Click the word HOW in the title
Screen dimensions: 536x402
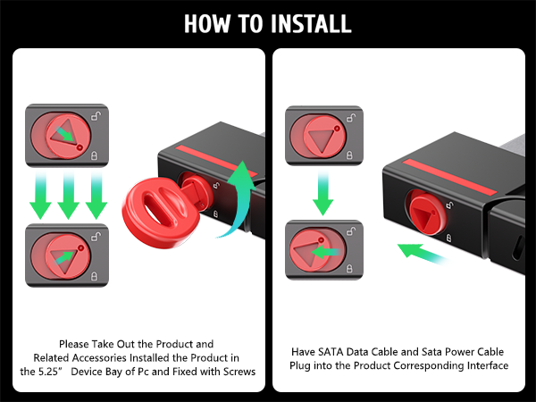tap(207, 23)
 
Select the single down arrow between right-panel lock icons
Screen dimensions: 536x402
tap(322, 193)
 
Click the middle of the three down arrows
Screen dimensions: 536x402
tap(69, 196)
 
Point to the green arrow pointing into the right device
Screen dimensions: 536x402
tap(423, 254)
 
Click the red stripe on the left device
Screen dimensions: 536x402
tap(216, 161)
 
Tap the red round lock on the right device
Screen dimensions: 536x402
tap(426, 213)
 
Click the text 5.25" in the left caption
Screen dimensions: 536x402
tap(49, 372)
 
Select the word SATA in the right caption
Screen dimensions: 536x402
tap(331, 352)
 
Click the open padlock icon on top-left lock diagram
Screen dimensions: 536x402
tap(96, 116)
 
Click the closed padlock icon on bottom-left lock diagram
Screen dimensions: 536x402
tap(94, 276)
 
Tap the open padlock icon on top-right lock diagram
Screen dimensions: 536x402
tap(351, 117)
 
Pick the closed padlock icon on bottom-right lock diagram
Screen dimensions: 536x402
tap(349, 268)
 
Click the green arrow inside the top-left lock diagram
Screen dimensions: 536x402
tap(64, 134)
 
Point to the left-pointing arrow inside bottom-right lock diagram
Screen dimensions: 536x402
tap(325, 252)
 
